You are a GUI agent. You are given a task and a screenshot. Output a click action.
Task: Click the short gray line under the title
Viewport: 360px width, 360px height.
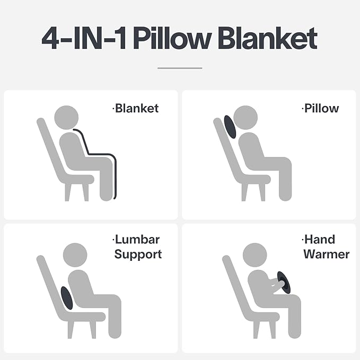coord(180,68)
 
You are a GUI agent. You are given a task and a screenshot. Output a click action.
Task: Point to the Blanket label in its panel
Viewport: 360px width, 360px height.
coord(136,109)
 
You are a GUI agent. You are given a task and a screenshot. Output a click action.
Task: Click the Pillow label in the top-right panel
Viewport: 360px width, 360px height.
coord(321,109)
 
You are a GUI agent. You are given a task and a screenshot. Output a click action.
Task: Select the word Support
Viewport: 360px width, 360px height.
coord(137,254)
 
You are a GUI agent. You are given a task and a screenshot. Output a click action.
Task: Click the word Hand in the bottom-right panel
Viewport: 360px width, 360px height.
coord(320,240)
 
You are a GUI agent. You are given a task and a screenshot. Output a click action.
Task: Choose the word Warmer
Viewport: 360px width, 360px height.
coord(326,254)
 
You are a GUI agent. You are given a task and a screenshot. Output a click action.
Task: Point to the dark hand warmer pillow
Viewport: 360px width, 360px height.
coord(284,282)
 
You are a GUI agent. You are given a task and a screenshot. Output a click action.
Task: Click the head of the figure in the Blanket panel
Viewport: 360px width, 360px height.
coord(66,117)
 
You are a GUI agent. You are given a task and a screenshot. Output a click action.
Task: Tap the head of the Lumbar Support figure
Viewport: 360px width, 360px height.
coord(75,254)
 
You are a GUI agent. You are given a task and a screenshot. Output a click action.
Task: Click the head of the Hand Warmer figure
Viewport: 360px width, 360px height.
coord(254,254)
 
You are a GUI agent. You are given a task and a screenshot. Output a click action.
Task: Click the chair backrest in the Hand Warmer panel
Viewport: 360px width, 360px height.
coord(234,286)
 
